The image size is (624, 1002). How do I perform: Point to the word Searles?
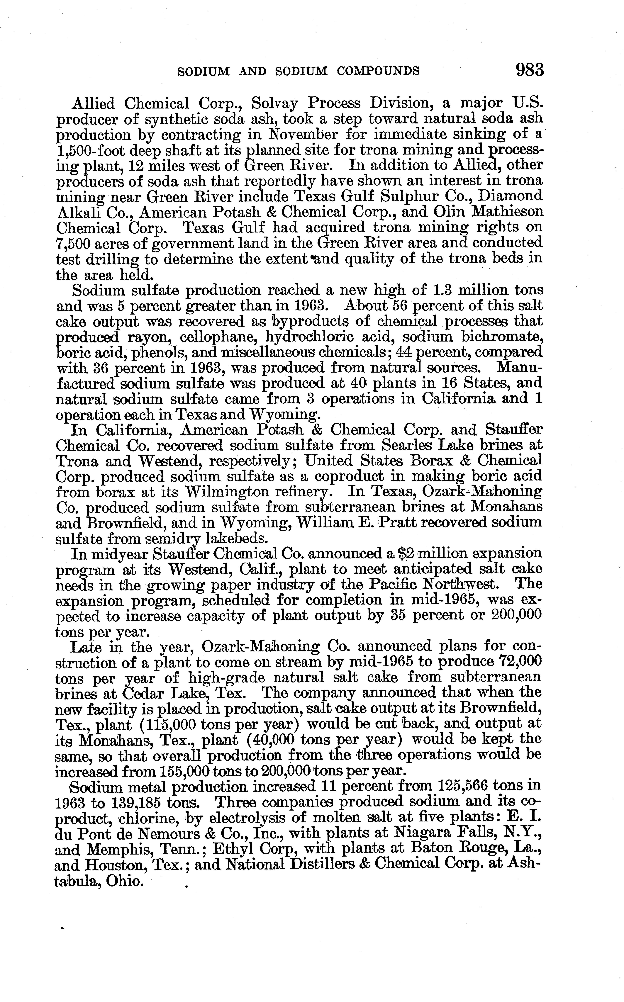(414, 445)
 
